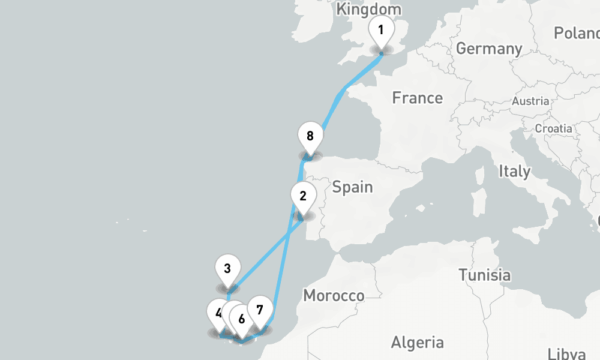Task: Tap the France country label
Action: [418, 98]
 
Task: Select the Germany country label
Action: [488, 49]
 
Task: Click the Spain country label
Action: [352, 187]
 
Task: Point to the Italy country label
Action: [514, 172]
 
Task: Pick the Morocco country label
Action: [334, 296]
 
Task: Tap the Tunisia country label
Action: [484, 275]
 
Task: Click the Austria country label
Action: [530, 101]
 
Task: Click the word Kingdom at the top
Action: [369, 9]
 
